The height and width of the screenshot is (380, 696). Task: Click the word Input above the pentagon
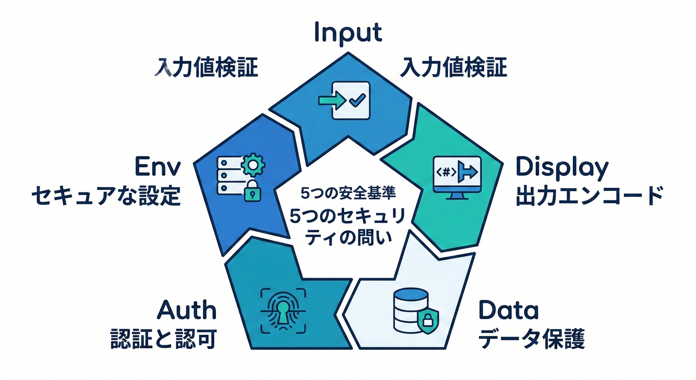coord(348,33)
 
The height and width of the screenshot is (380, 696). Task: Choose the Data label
coord(509,311)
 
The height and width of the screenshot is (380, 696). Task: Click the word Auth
coord(186,311)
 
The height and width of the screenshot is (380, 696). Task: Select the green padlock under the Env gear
coord(252,190)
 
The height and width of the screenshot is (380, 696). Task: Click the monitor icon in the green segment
coord(456,177)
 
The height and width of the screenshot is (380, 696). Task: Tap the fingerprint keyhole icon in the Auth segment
coord(283,310)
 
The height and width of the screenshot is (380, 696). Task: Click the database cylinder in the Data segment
coord(409,309)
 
